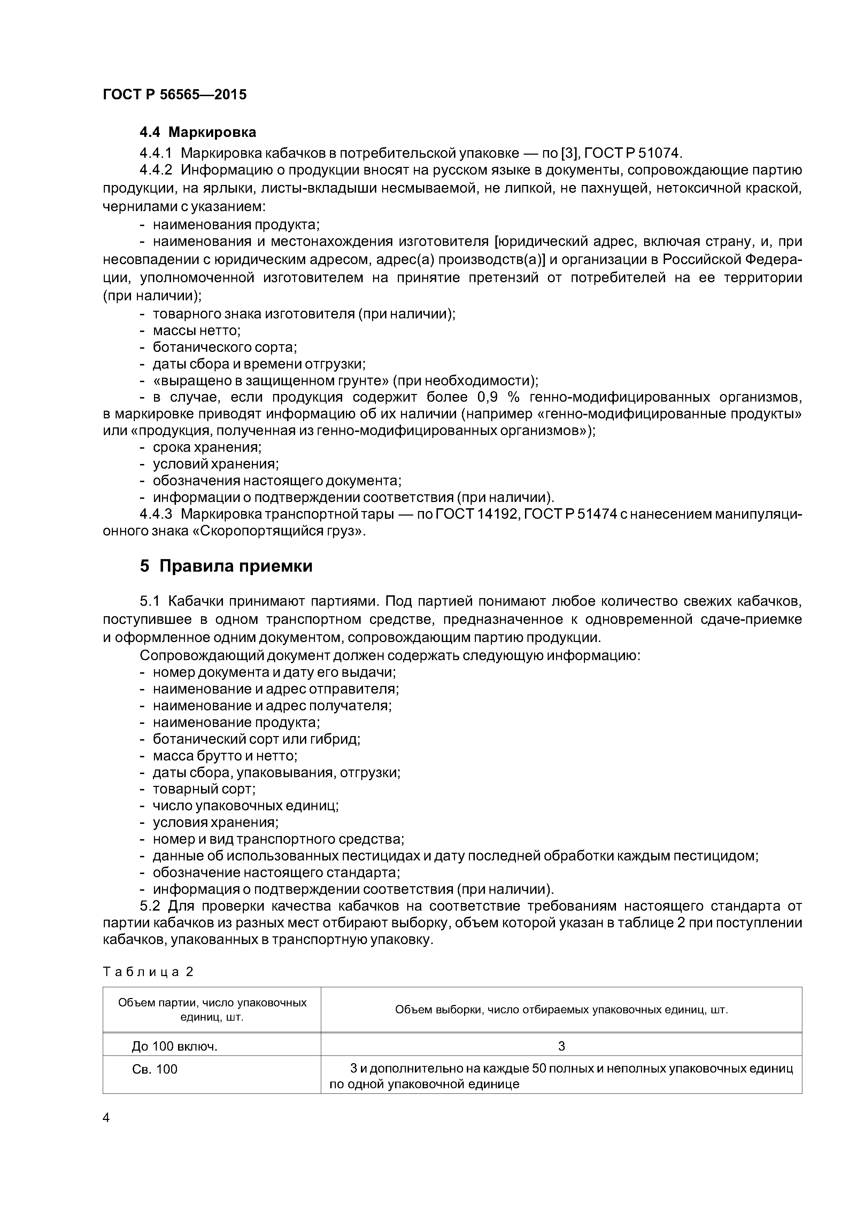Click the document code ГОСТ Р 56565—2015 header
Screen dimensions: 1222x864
(175, 95)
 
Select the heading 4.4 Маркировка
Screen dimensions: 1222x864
(198, 132)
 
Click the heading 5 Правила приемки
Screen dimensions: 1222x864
(226, 566)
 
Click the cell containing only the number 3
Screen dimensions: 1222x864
(561, 1046)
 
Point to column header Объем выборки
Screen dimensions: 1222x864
(561, 1010)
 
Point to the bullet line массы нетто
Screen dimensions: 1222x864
(196, 331)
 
